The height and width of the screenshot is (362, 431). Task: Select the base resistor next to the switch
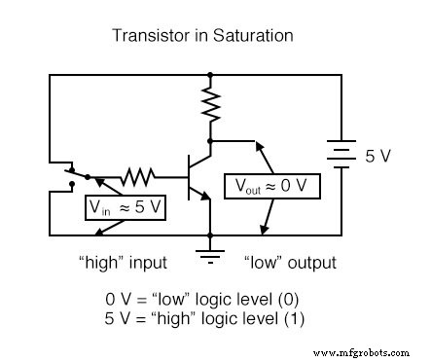coord(138,177)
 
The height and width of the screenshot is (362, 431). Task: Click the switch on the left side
coord(70,175)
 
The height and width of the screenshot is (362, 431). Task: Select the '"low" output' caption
coord(288,263)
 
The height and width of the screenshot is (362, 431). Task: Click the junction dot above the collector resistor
coord(210,73)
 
